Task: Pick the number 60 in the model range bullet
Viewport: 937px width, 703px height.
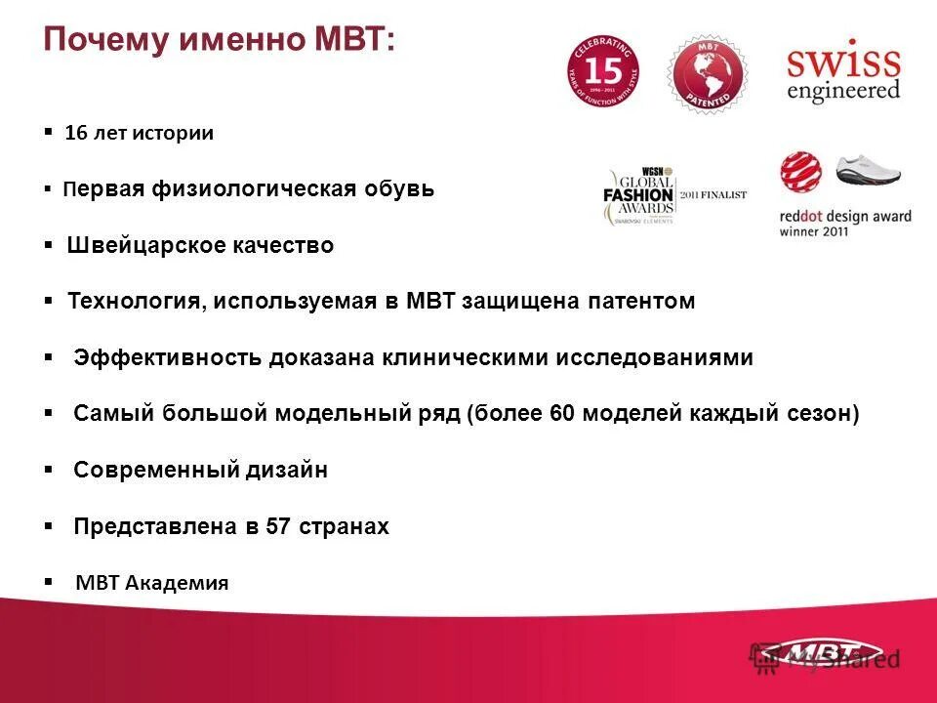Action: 563,414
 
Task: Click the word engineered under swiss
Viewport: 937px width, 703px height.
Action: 843,91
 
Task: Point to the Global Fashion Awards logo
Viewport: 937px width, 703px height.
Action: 639,193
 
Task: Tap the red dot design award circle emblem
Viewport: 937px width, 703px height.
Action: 799,171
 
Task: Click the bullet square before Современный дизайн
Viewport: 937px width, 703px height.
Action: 49,470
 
